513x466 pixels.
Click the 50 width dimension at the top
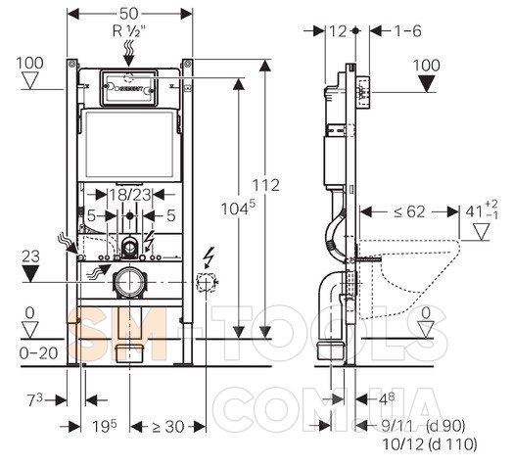[129, 14]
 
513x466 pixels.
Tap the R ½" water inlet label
[128, 31]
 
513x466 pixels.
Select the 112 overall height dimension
[266, 185]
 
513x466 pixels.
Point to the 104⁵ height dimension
[238, 209]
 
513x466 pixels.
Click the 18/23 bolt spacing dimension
[129, 195]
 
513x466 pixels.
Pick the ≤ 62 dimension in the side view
[409, 211]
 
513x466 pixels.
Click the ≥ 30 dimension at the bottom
[167, 427]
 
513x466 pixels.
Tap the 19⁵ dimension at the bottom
[105, 426]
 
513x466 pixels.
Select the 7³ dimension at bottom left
[35, 399]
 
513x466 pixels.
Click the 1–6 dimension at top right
[407, 31]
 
